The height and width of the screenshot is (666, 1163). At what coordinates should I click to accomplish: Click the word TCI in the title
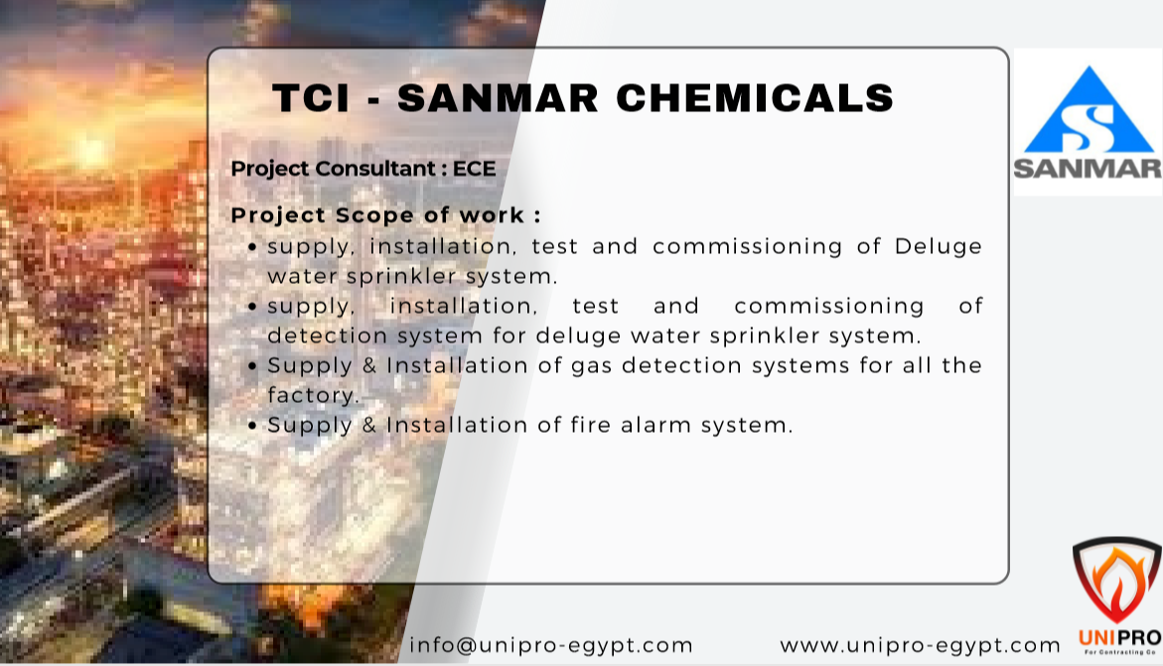point(311,98)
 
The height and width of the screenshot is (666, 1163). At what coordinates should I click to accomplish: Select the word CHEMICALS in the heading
point(755,98)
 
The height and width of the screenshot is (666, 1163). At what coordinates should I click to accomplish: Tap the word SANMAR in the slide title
point(498,98)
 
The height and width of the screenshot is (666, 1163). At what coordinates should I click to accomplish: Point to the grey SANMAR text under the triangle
point(1089,169)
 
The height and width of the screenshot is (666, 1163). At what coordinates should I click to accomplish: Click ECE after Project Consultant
point(474,169)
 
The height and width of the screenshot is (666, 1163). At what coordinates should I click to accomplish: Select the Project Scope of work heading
point(385,215)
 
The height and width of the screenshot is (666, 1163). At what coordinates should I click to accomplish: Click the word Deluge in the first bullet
point(939,247)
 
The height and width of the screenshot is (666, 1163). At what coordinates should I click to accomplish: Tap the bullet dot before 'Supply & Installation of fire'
point(252,426)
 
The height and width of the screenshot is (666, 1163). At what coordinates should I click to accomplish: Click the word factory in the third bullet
point(313,395)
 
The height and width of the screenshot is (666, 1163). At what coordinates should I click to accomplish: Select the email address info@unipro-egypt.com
point(551,645)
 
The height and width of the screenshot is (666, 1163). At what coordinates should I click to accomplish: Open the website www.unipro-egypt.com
point(920,645)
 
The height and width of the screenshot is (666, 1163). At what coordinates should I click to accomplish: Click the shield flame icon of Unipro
point(1117,580)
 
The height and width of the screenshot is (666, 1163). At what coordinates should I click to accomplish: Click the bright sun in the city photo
point(90,151)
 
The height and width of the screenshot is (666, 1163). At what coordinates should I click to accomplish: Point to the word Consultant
point(375,169)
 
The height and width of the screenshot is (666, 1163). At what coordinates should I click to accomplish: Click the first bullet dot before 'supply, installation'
point(252,247)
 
